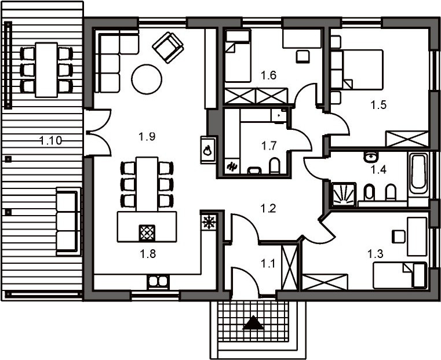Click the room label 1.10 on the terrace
pyautogui.click(x=50, y=140)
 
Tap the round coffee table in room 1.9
pyautogui.click(x=147, y=79)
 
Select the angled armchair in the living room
pyautogui.click(x=168, y=48)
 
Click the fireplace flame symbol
pyautogui.click(x=207, y=150)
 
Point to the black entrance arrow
pyautogui.click(x=253, y=322)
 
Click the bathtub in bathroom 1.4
pyautogui.click(x=418, y=173)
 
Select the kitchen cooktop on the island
pyautogui.click(x=147, y=232)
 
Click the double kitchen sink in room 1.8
pyautogui.click(x=158, y=282)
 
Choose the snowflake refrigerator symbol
pyautogui.click(x=209, y=222)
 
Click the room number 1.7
pyautogui.click(x=269, y=146)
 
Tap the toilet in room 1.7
pyautogui.click(x=275, y=165)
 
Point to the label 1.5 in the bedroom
pyautogui.click(x=378, y=105)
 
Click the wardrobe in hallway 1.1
pyautogui.click(x=289, y=267)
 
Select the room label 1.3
pyautogui.click(x=375, y=254)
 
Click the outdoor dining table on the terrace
pyautogui.click(x=47, y=70)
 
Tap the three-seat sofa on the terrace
pyautogui.click(x=67, y=221)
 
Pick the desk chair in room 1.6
pyautogui.click(x=302, y=56)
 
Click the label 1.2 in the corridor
pyautogui.click(x=268, y=209)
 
